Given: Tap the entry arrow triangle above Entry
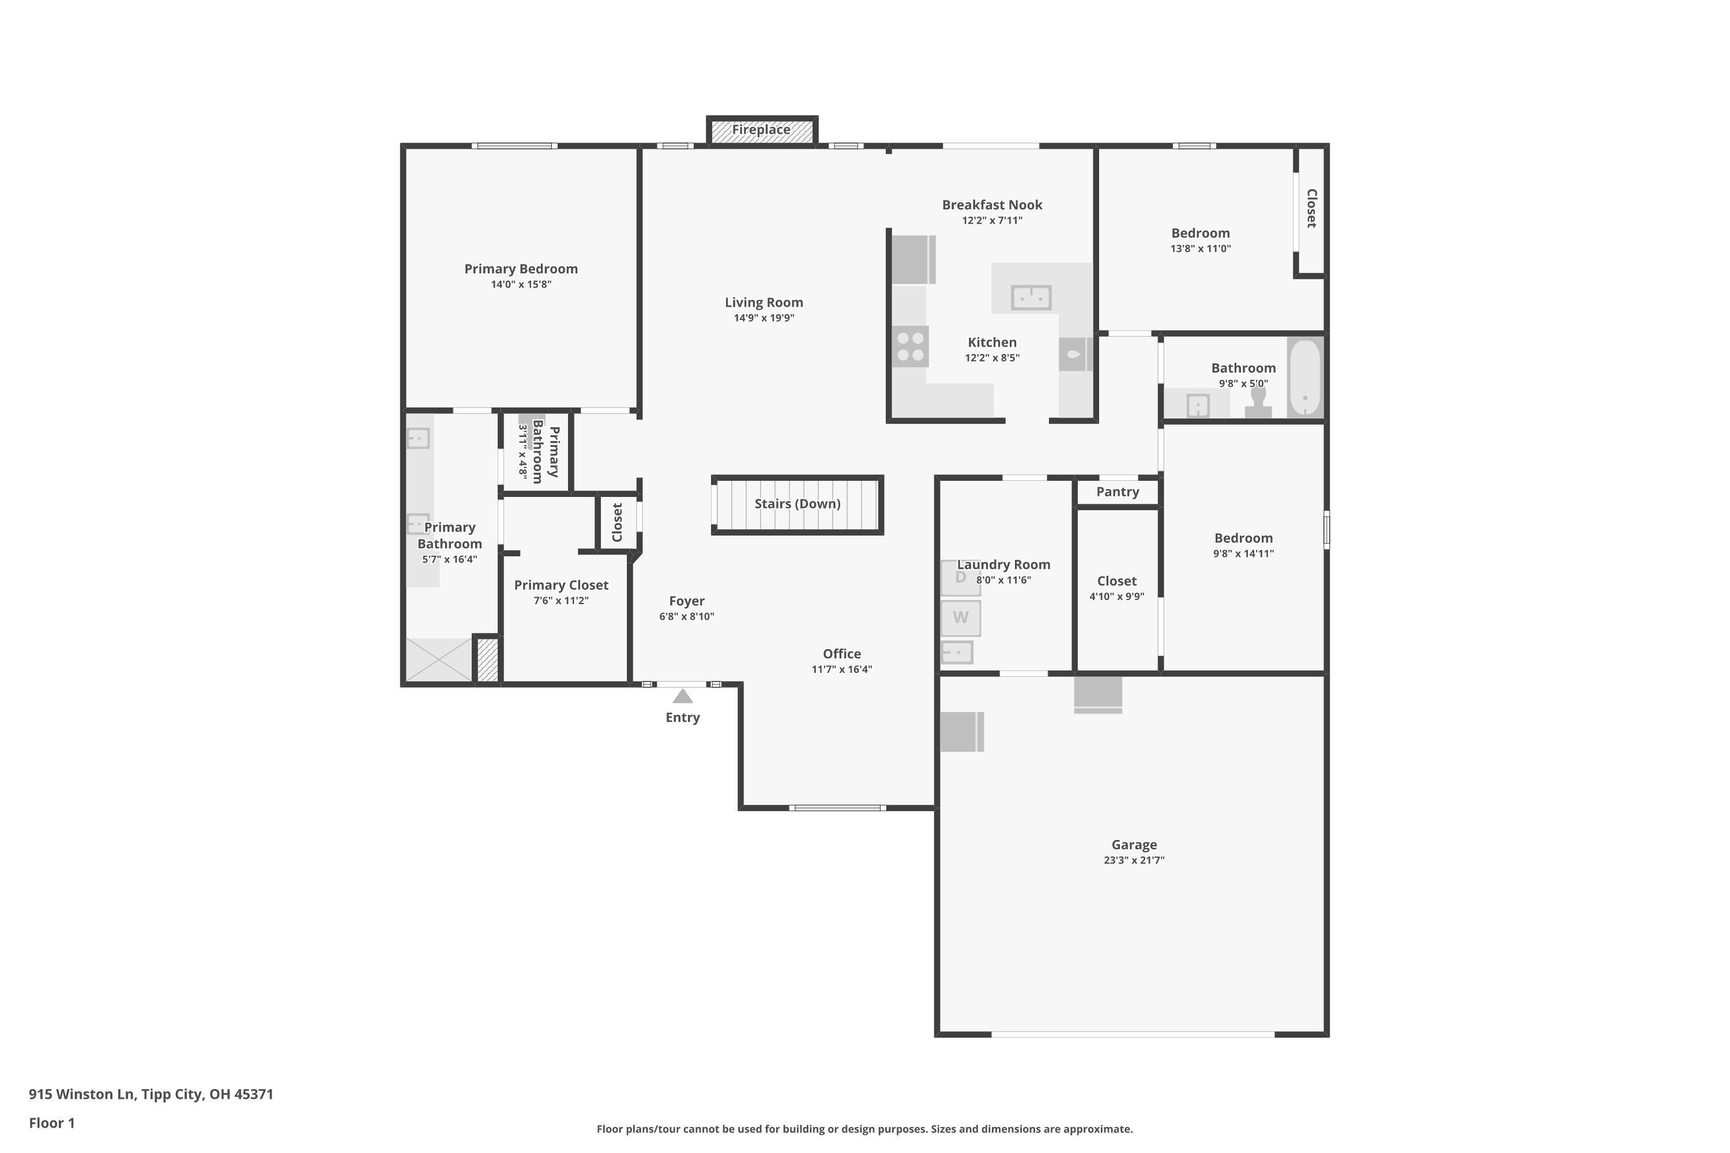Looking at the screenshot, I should [x=683, y=696].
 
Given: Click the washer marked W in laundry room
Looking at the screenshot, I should [x=961, y=617].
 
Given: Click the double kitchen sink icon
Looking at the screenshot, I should [x=1031, y=298].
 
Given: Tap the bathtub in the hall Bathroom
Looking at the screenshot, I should [x=1305, y=377].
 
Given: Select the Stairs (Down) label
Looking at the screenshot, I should [x=798, y=504].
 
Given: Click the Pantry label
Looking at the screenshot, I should [x=1118, y=492].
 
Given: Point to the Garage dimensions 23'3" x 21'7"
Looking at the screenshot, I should [x=1134, y=860].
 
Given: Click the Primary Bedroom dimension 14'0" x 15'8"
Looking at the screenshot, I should [x=521, y=285].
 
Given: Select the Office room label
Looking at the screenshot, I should [x=841, y=654].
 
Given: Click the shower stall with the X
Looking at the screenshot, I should [x=439, y=660].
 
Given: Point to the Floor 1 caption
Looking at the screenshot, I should [x=51, y=1123].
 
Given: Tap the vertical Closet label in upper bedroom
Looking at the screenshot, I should [x=1311, y=208].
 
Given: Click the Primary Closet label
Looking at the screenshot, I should [x=561, y=585].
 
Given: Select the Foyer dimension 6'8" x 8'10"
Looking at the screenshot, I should [x=686, y=617].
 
